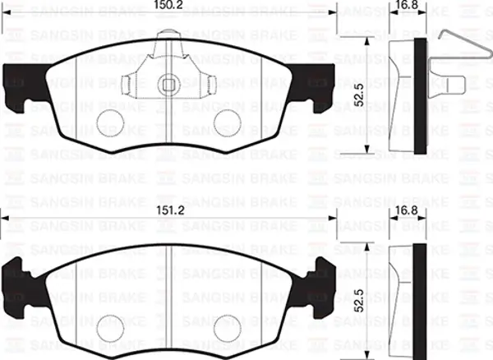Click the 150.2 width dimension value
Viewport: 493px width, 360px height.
pos(168,8)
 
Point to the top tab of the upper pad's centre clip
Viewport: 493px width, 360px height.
pos(168,37)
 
